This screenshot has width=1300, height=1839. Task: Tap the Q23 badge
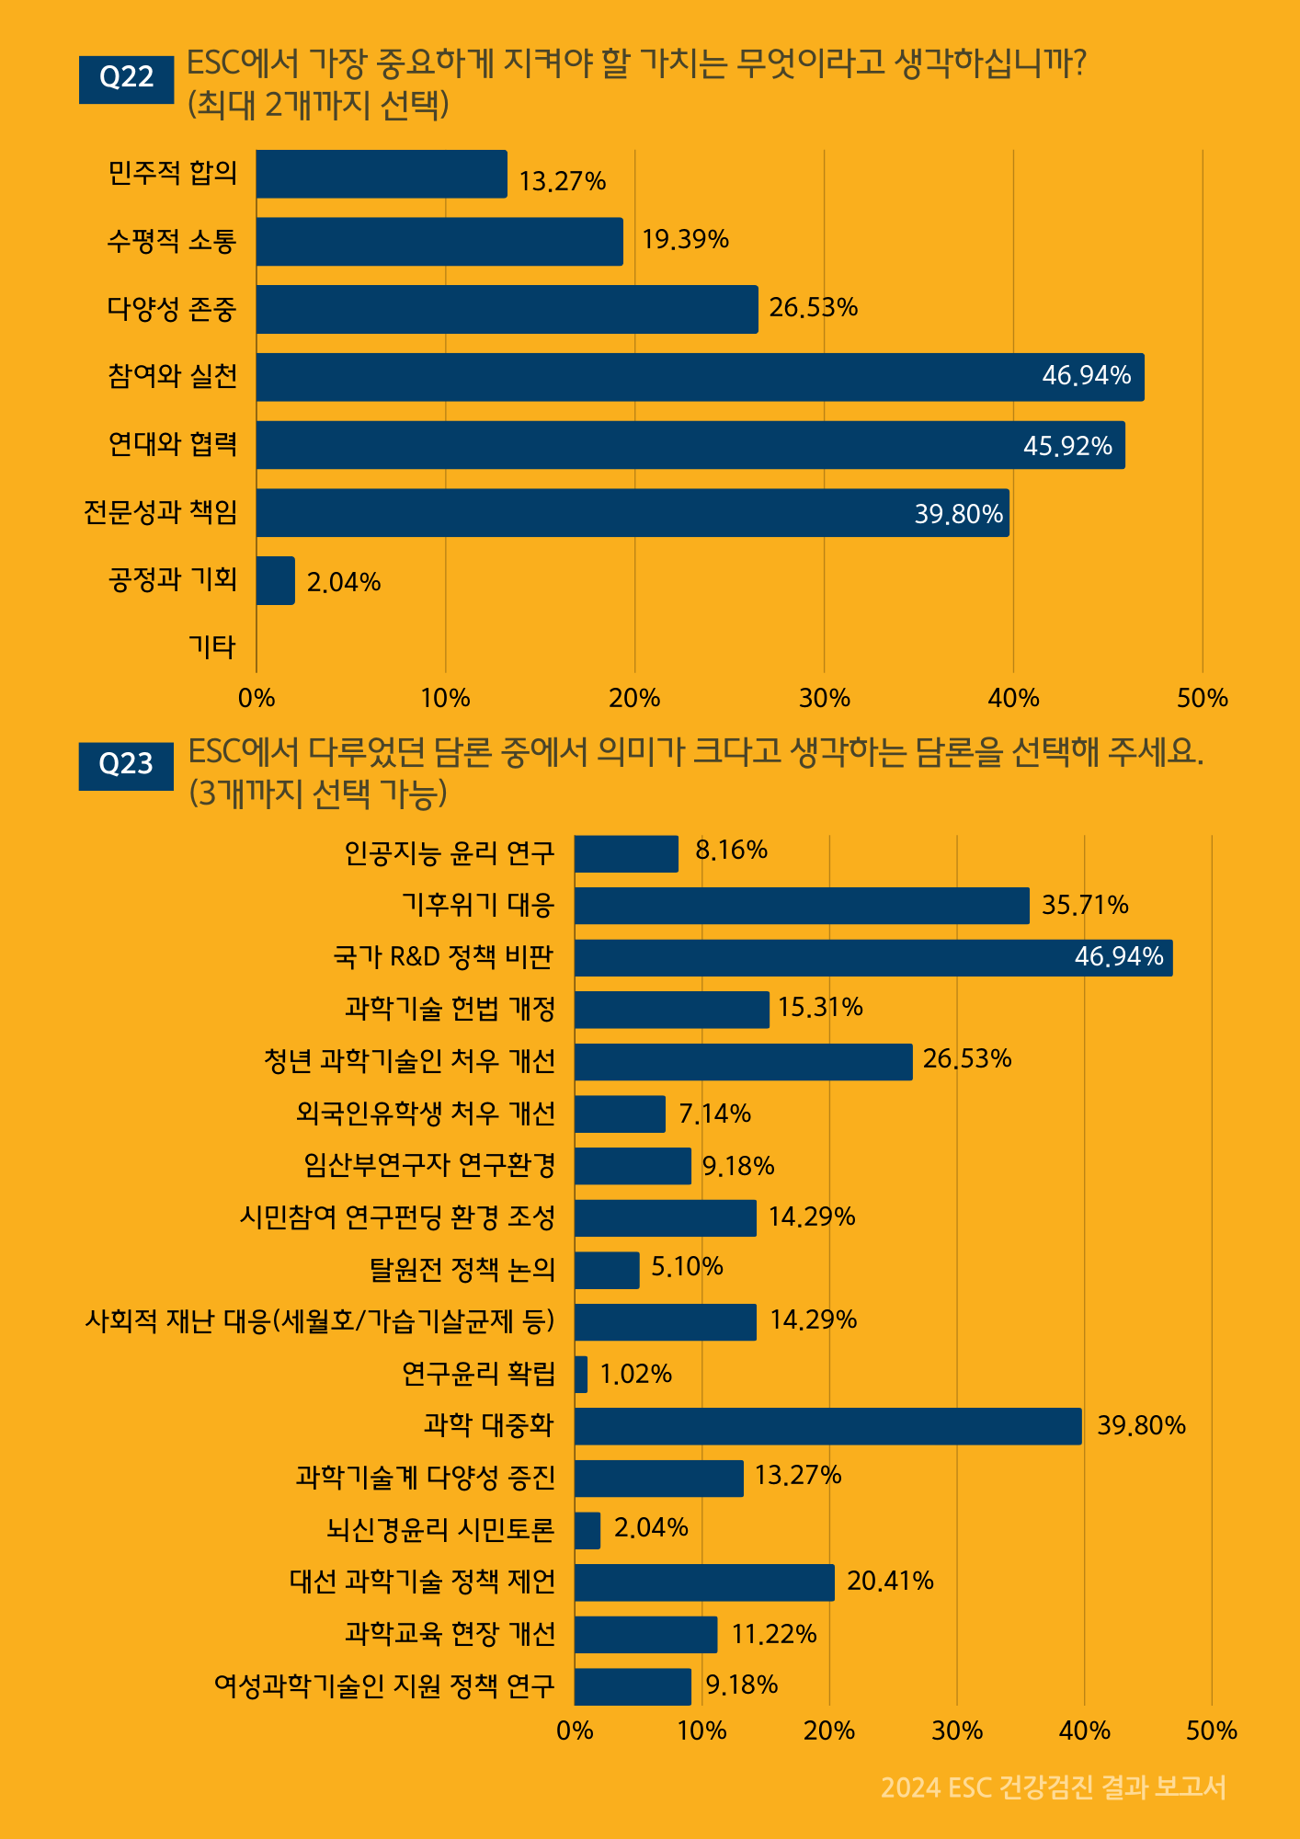[126, 766]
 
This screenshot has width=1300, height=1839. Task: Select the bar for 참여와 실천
[700, 377]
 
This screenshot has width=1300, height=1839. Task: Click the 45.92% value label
[1067, 446]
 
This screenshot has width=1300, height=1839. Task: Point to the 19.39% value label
[685, 240]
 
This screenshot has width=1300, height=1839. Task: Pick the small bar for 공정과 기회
[276, 580]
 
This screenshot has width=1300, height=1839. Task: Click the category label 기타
[212, 647]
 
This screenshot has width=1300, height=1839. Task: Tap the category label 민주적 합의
[172, 173]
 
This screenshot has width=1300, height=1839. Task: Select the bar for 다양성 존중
[507, 309]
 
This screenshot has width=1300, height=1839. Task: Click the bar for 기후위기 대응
[802, 906]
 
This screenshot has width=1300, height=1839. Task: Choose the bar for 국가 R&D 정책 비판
[873, 957]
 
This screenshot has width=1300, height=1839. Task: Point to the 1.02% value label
[635, 1374]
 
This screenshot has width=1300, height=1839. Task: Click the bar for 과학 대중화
[827, 1426]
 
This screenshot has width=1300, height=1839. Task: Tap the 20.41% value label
[890, 1582]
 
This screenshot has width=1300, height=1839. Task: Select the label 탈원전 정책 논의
[462, 1270]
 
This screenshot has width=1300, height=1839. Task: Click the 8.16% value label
[731, 851]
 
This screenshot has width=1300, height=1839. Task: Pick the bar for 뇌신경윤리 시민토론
[587, 1530]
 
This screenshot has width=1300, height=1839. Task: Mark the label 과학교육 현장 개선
[450, 1634]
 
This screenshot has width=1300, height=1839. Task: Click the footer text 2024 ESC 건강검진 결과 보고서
[1053, 1788]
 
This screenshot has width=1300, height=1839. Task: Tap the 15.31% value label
[820, 1008]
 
